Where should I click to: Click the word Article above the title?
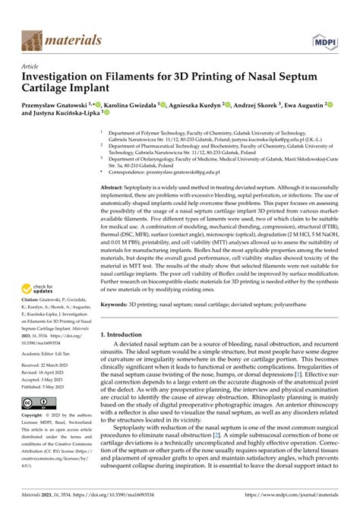tap(30, 66)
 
